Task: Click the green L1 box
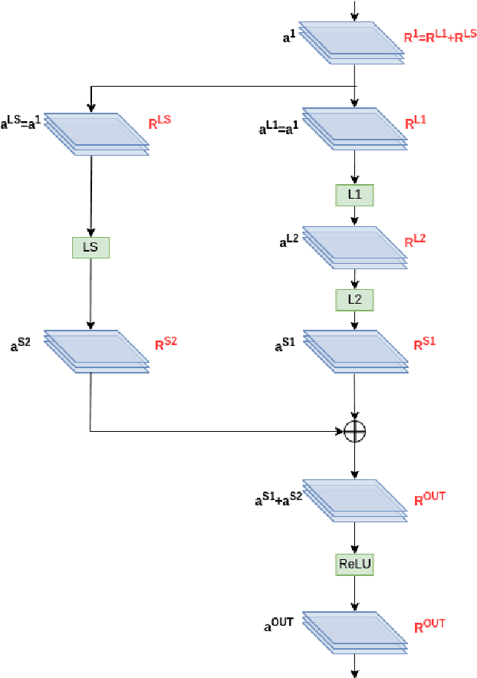coord(354,196)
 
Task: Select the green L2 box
coord(354,300)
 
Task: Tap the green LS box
coord(91,247)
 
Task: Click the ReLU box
coord(354,564)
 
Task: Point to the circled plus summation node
coord(354,431)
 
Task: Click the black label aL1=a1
coord(279,127)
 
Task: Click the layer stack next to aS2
coord(96,351)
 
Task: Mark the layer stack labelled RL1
coord(354,127)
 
